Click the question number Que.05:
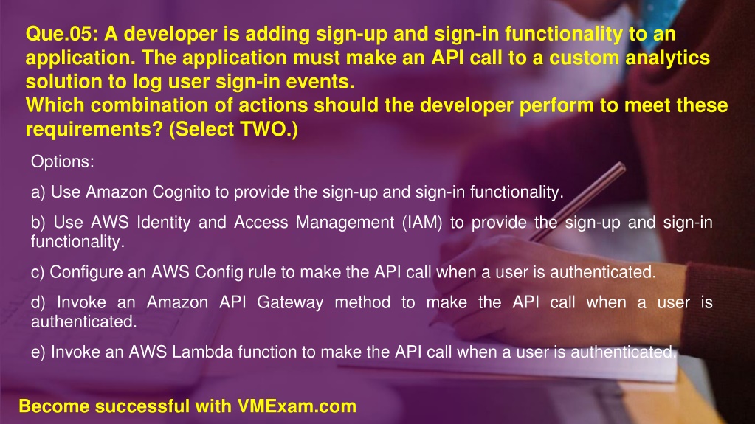pos(61,34)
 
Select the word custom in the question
pos(584,58)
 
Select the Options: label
pos(63,161)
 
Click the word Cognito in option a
pos(182,192)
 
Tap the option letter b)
pos(38,223)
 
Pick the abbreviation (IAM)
pos(422,223)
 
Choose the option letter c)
pos(38,272)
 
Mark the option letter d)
pos(38,302)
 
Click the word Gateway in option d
pos(290,303)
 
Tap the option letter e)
pos(38,352)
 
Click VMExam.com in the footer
pos(297,406)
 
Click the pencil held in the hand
pos(577,201)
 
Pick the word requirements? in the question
pos(94,130)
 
